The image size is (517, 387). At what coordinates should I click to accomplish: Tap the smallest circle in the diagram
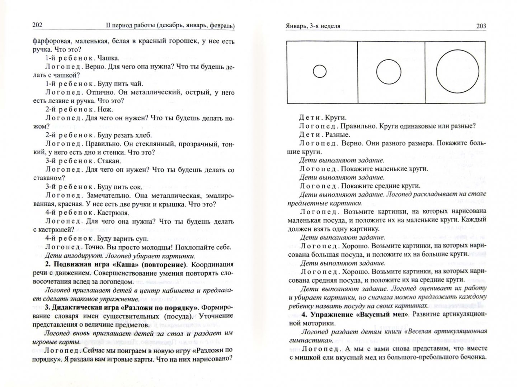point(319,72)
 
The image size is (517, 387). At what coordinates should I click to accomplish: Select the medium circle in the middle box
point(389,71)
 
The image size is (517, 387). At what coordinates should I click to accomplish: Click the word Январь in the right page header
point(297,26)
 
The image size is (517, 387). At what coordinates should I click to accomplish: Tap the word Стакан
point(109,161)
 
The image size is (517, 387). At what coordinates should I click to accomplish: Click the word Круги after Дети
point(335,118)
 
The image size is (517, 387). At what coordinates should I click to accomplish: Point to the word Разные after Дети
point(338,135)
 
